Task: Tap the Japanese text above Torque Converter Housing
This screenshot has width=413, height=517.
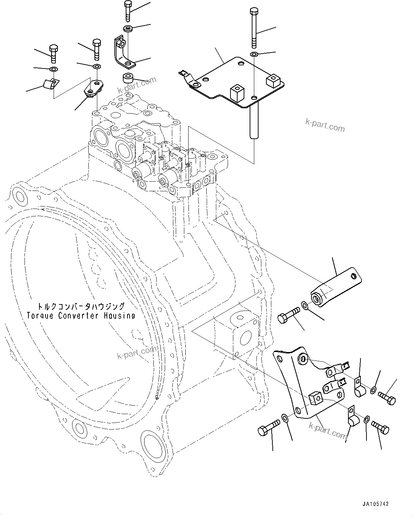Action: pyautogui.click(x=81, y=306)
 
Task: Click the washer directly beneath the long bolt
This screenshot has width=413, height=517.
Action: pyautogui.click(x=254, y=54)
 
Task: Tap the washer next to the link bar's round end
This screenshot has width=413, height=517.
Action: pyautogui.click(x=305, y=305)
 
